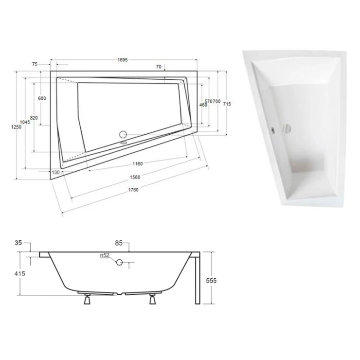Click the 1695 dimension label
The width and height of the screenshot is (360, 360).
coord(123,60)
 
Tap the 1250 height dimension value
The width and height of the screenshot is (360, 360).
coord(17,127)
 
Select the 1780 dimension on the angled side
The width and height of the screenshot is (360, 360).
coord(133,190)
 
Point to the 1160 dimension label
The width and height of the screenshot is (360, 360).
coord(138,163)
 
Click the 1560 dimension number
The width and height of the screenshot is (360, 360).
coord(135,177)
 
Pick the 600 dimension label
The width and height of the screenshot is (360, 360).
coord(42,98)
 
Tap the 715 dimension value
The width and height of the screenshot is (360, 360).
coord(227,104)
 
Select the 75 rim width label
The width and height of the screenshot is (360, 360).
coord(35,64)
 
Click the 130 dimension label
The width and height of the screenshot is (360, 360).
coord(55,172)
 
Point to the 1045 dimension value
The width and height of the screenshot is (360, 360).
coord(25,122)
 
